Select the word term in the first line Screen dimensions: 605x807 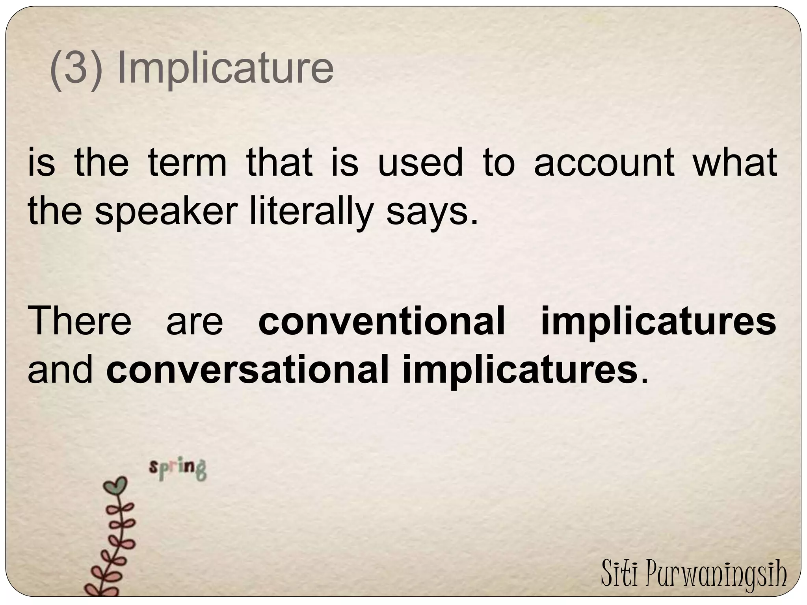187,163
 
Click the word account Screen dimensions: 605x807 604,163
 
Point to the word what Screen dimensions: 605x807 735,163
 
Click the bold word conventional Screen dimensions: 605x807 381,321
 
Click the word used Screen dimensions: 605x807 420,163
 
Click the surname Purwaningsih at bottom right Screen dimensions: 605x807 717,575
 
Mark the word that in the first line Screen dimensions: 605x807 279,163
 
